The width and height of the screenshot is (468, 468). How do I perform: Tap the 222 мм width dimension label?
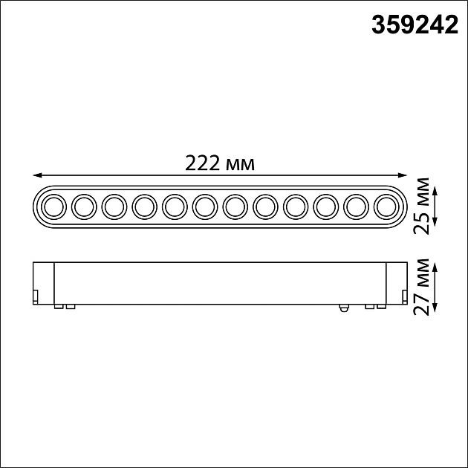221,163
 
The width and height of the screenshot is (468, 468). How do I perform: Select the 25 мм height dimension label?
423,206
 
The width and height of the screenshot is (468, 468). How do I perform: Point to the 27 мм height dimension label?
423,286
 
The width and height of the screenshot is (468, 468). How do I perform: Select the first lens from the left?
53,206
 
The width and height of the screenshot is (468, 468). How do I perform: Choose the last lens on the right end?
386,206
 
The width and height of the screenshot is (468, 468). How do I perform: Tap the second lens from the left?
82,206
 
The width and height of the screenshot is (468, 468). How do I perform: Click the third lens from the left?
113,206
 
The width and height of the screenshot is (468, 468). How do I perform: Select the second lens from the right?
355,206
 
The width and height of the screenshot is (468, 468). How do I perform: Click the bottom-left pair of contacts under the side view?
64,305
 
